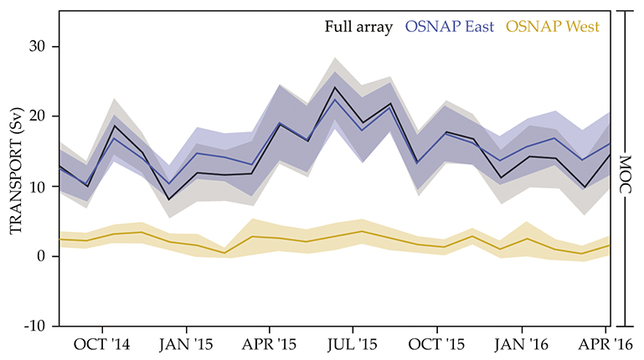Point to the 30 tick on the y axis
[38, 47]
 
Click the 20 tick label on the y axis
[38, 117]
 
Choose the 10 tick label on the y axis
[38, 187]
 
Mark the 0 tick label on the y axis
[42, 256]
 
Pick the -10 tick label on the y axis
[35, 326]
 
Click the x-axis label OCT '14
[102, 344]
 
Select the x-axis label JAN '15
[186, 344]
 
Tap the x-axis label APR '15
[270, 344]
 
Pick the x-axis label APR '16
[605, 344]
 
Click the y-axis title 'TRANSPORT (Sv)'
[14, 185]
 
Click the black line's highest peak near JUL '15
[335, 87]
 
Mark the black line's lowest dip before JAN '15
[169, 199]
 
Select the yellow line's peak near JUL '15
[362, 231]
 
